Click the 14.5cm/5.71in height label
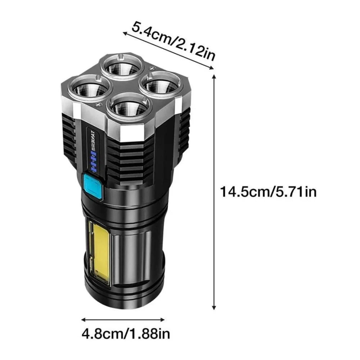(269, 192)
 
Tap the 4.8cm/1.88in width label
(126, 334)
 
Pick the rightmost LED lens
(159, 85)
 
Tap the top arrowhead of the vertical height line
(215, 76)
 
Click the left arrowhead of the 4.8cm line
(83, 319)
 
